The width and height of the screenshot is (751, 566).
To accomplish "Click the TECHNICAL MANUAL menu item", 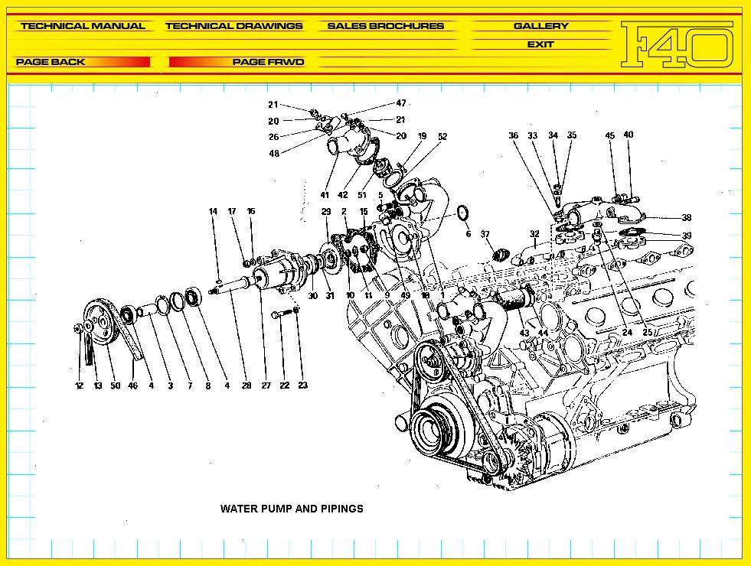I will tap(83, 26).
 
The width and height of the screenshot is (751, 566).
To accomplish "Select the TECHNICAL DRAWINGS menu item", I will tap(233, 26).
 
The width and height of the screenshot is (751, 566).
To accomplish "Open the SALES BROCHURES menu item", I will tap(385, 26).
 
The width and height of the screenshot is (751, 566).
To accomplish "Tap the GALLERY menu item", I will tap(540, 26).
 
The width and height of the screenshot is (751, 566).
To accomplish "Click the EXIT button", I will tap(540, 44).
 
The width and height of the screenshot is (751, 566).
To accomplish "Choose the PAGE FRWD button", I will tap(268, 62).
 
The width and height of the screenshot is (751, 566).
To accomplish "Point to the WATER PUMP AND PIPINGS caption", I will tap(292, 509).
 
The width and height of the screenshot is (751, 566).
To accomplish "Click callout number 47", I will tap(401, 103).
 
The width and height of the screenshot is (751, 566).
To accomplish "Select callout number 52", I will tap(442, 137).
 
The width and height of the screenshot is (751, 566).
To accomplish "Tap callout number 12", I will tap(79, 386).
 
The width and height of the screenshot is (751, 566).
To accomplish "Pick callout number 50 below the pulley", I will tap(115, 386).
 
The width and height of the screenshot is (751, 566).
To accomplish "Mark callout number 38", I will tap(687, 217).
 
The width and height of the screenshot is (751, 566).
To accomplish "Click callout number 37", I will tap(485, 234).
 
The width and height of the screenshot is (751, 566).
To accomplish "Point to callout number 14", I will tap(214, 211).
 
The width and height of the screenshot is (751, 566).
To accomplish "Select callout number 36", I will tap(513, 136).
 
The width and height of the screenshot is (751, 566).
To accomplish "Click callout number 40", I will tap(629, 135).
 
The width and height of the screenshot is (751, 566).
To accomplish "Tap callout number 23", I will tap(302, 386).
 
